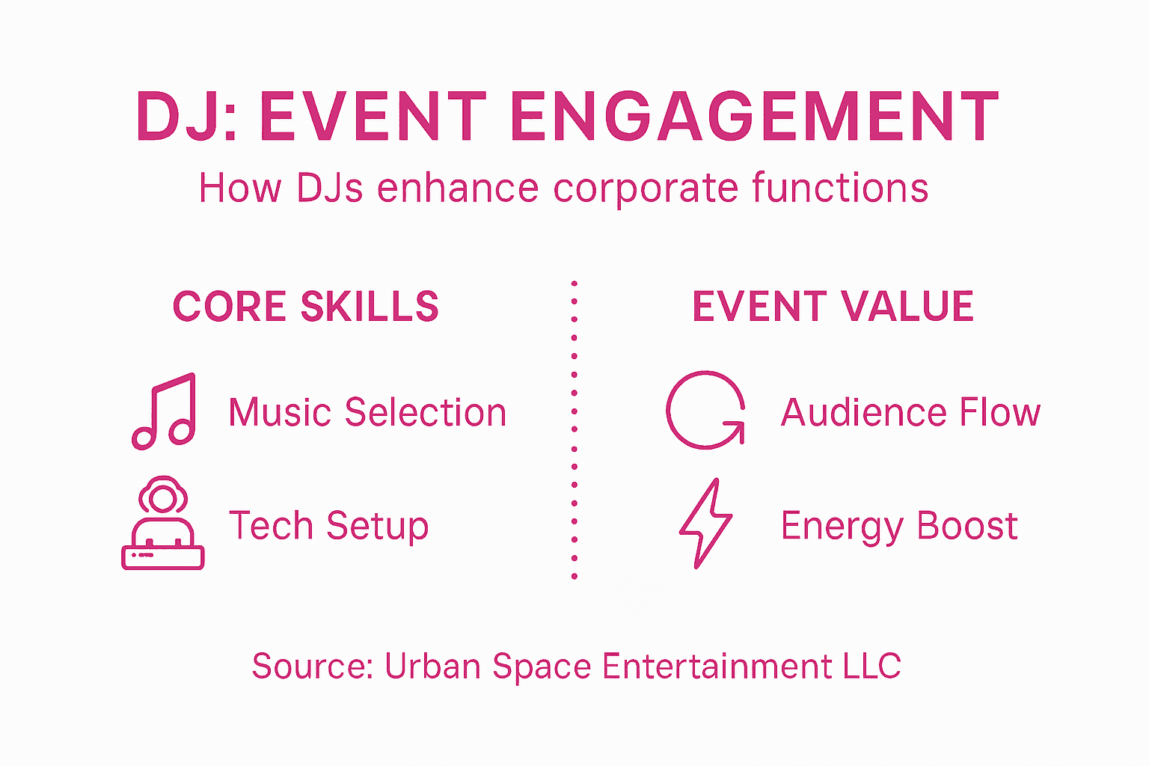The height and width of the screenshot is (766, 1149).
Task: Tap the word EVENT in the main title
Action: tap(373, 117)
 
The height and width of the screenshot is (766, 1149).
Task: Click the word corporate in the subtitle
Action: tap(645, 189)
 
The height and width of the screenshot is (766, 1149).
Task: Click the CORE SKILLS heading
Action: tap(305, 307)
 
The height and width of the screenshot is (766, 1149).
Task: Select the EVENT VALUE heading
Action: tap(833, 307)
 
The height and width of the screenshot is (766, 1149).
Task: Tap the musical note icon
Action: tap(165, 411)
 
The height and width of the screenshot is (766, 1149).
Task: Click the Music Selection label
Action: tap(367, 413)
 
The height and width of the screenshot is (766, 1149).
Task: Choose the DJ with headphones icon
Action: tap(163, 523)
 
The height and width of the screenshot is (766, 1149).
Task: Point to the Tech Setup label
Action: tap(328, 526)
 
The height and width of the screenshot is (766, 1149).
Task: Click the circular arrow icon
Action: tap(705, 410)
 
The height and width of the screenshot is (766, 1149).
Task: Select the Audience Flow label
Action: tap(910, 413)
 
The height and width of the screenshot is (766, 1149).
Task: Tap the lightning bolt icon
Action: tap(705, 523)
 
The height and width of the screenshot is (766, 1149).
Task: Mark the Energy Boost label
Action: tap(898, 526)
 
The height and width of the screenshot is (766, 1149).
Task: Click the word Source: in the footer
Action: tap(312, 666)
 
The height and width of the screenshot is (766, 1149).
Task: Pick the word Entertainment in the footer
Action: tap(717, 666)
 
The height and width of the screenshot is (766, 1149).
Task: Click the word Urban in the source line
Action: tap(432, 666)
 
